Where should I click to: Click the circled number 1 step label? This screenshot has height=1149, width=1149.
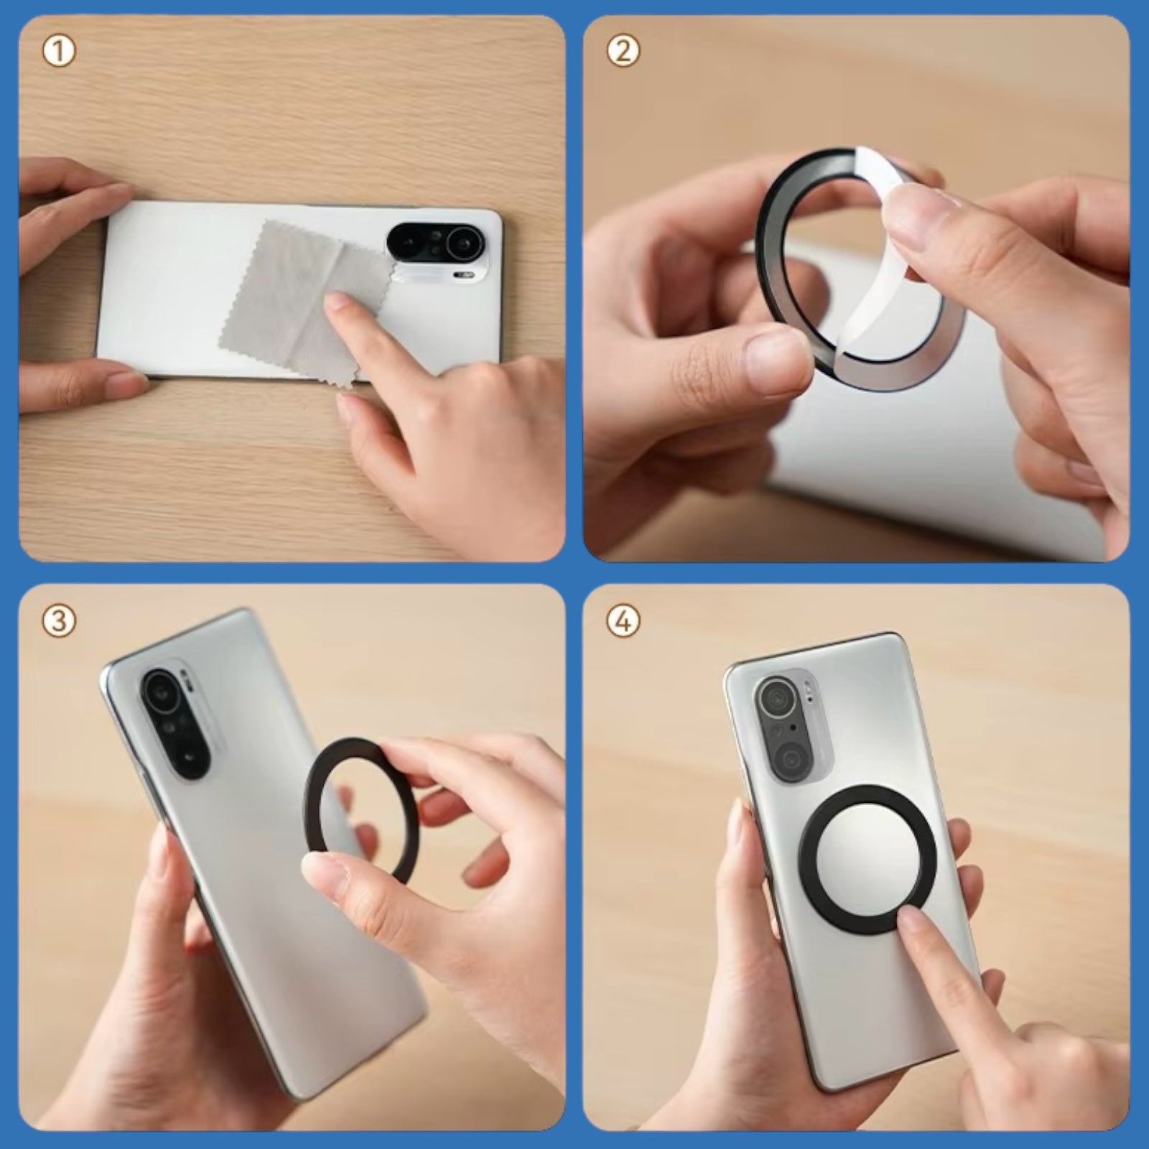(59, 52)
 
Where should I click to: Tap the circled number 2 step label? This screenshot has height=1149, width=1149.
(623, 52)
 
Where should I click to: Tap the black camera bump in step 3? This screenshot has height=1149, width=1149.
(177, 725)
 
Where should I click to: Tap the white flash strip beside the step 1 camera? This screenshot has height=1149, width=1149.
(464, 274)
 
